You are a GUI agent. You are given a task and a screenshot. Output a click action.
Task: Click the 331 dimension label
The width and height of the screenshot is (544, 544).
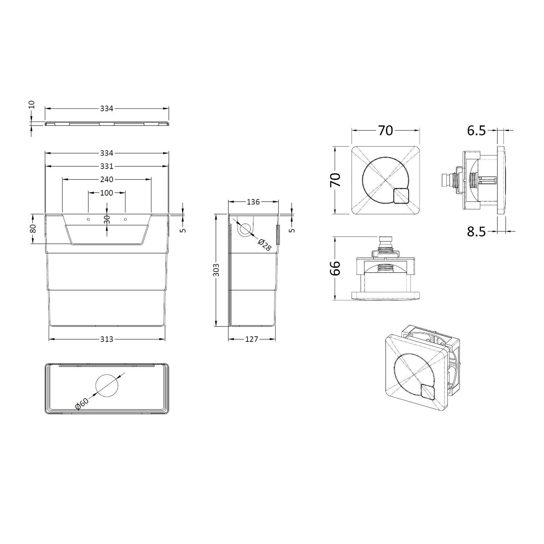(x=107, y=166)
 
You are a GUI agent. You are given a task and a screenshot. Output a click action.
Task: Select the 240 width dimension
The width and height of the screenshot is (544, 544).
(x=107, y=180)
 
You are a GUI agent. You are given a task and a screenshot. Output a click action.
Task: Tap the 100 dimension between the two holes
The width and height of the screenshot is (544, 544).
(x=107, y=193)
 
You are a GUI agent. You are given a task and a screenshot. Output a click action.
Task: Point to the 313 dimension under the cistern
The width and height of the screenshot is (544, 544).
(x=107, y=339)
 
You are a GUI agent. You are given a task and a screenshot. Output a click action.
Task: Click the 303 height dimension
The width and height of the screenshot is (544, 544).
(x=217, y=270)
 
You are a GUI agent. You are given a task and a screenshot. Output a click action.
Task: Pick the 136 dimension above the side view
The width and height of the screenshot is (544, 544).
(x=253, y=202)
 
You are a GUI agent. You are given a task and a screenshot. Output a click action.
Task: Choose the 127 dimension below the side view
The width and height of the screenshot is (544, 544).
(x=252, y=339)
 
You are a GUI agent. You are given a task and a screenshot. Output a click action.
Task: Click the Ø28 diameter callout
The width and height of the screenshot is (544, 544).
(x=265, y=245)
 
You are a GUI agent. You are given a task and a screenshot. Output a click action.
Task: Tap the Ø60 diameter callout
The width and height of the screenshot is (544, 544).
(x=82, y=404)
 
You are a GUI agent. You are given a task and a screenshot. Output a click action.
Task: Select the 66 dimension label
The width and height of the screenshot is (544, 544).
(x=335, y=268)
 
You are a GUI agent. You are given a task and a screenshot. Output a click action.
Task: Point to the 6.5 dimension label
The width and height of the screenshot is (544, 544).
(x=476, y=130)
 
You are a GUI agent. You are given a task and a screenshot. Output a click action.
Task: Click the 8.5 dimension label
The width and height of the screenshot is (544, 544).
(x=476, y=232)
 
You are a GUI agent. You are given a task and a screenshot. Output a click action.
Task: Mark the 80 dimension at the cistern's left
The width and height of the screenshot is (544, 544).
(x=33, y=228)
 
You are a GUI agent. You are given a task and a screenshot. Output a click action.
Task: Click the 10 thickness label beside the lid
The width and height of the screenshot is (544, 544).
(x=32, y=105)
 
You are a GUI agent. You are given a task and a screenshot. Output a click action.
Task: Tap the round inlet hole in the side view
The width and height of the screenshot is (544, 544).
(x=245, y=230)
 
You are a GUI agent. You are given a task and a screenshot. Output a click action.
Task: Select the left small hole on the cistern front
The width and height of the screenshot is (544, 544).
(x=89, y=219)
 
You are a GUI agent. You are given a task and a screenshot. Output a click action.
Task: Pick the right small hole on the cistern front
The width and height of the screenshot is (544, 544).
(x=125, y=219)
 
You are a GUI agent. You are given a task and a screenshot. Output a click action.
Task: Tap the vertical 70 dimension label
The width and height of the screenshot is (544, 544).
(x=335, y=180)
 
